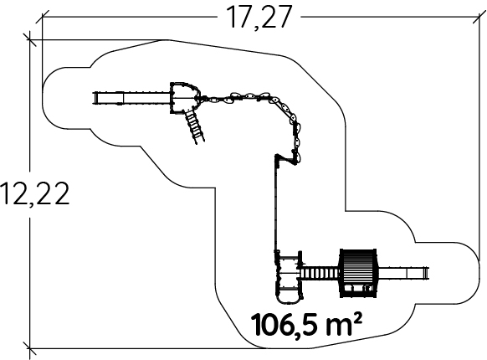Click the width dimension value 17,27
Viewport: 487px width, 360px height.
tap(259, 18)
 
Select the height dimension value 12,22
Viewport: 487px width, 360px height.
tap(35, 193)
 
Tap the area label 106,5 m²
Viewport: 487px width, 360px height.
tap(306, 324)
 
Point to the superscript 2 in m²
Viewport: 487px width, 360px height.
tap(357, 317)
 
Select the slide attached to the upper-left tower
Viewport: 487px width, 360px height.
tap(131, 98)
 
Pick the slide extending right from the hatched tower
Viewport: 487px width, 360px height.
tap(403, 273)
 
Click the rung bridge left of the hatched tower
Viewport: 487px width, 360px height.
tap(320, 273)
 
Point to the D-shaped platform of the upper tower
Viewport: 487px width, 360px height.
tap(184, 98)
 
